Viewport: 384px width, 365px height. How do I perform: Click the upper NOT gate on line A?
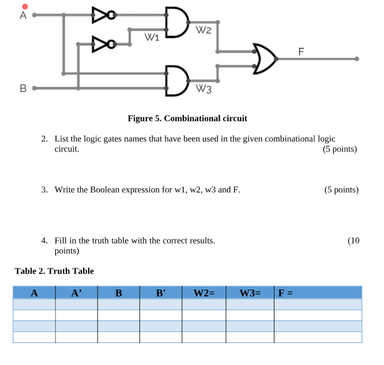102,16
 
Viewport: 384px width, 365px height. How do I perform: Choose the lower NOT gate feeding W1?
102,43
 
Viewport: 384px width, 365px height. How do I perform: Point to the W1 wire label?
151,39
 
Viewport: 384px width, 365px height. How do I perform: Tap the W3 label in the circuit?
204,89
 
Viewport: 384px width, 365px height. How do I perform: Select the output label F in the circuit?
300,52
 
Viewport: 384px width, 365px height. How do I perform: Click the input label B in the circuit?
23,89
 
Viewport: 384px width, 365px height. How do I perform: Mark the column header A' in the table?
76,292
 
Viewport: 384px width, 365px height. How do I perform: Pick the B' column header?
161,292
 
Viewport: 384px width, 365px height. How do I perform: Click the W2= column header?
204,292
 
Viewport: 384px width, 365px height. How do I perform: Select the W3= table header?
250,292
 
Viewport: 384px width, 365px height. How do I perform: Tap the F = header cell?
286,292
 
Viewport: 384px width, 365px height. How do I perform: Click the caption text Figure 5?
187,119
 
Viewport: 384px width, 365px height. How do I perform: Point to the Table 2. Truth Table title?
54,271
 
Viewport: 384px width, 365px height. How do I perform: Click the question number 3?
44,189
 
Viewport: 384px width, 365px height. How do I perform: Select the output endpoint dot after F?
357,59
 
